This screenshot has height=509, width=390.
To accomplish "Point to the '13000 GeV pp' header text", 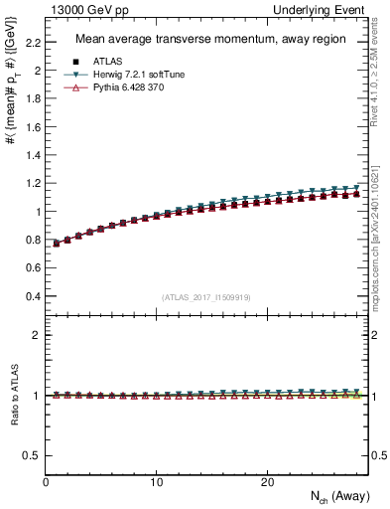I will tap(78, 9).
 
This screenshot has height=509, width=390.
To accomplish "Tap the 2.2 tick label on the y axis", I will tap(33, 43).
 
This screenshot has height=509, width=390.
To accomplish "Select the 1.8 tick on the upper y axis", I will tap(33, 99).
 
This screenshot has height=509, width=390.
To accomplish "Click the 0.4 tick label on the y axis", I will tap(33, 296).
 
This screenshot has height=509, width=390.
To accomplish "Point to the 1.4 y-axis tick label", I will tap(33, 156).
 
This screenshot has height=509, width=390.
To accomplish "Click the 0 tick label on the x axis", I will tap(46, 481).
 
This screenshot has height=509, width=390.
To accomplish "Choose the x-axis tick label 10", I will tap(156, 481).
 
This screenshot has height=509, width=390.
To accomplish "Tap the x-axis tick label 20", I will tap(267, 481).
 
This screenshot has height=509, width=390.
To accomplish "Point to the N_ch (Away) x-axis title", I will tap(333, 497).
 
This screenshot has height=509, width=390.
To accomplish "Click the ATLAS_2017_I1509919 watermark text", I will tap(206, 297).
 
